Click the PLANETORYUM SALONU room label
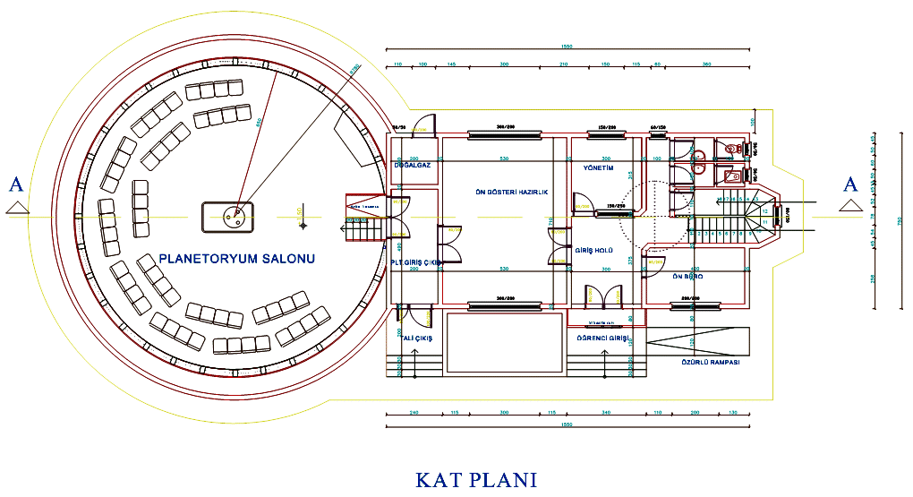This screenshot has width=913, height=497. [236, 259]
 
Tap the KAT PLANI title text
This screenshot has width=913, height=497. [476, 479]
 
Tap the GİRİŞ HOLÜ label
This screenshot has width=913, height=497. [594, 252]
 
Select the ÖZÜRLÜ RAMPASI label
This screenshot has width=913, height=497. [705, 362]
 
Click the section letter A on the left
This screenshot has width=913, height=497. [15, 185]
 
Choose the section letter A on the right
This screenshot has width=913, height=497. [849, 185]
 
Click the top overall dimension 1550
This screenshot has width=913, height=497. [566, 47]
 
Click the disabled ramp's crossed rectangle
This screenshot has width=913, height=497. [693, 343]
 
